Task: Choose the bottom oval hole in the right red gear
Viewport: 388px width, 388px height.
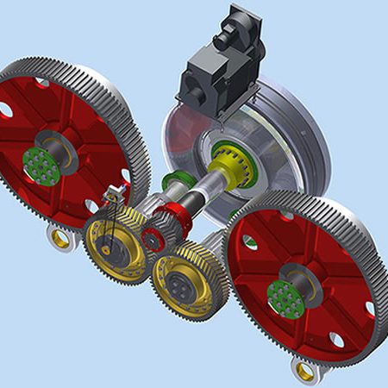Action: click(337, 341)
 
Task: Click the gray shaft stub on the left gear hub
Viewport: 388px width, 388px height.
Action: click(63, 153)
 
